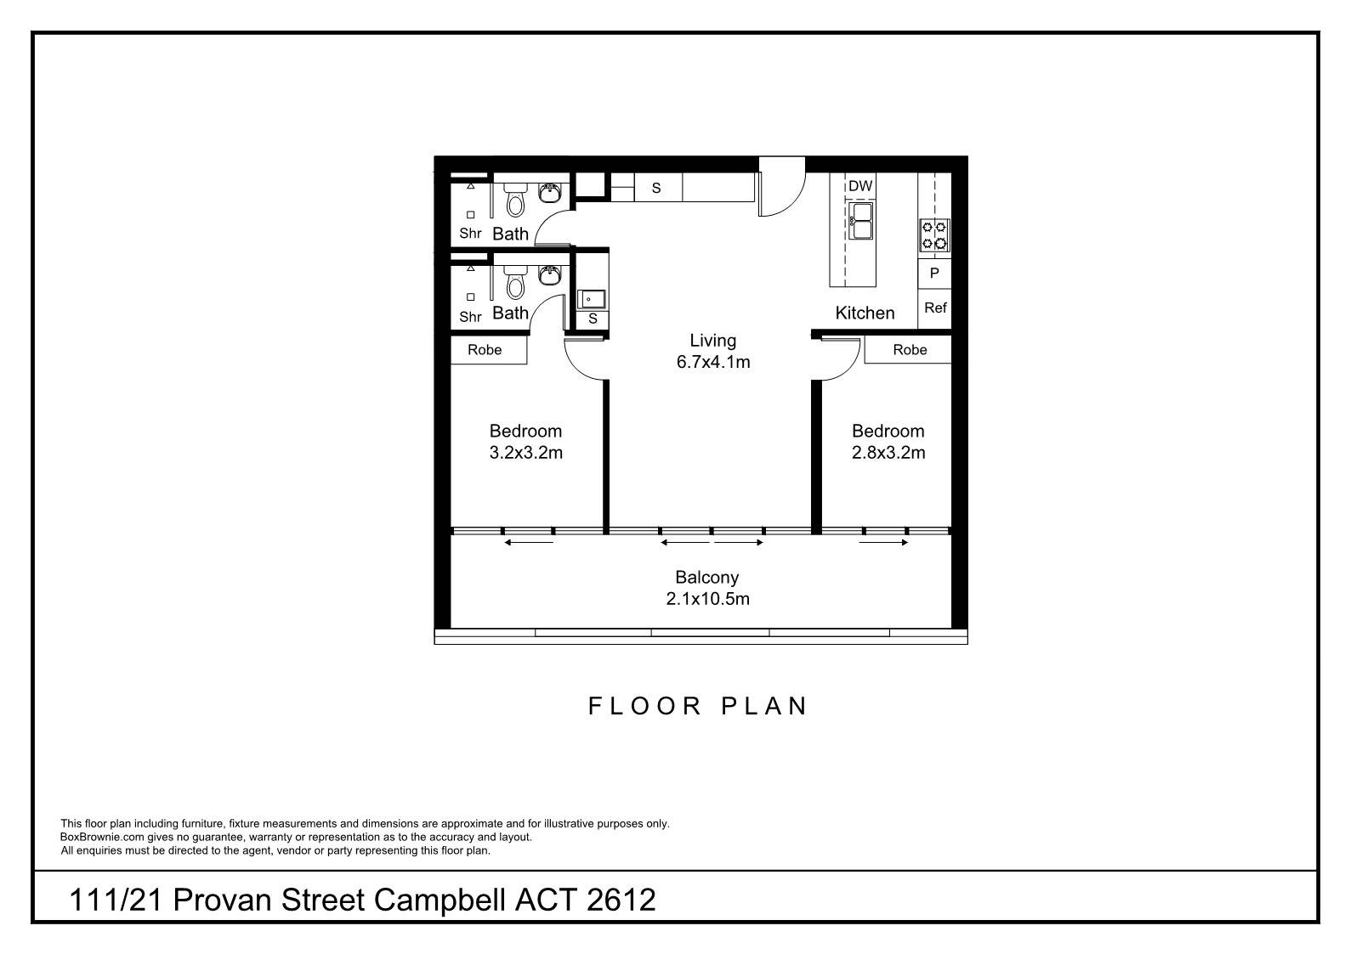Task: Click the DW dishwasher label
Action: [859, 186]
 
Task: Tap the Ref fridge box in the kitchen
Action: [934, 308]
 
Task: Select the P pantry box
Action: [934, 274]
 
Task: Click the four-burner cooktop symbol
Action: [934, 234]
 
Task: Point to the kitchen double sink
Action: [859, 220]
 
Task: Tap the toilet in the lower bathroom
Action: [514, 281]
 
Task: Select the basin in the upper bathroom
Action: [550, 194]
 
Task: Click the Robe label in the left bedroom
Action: [485, 350]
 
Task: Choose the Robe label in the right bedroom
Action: [910, 350]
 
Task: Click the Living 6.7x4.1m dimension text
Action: [712, 362]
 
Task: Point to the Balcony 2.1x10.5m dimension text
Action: [707, 599]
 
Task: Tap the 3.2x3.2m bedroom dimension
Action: [525, 453]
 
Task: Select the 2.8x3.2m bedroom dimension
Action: [888, 453]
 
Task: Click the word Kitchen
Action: [865, 313]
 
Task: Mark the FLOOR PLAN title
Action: [698, 707]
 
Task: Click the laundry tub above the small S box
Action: [592, 298]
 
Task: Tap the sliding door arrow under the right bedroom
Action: [884, 543]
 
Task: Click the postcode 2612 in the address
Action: [621, 900]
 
